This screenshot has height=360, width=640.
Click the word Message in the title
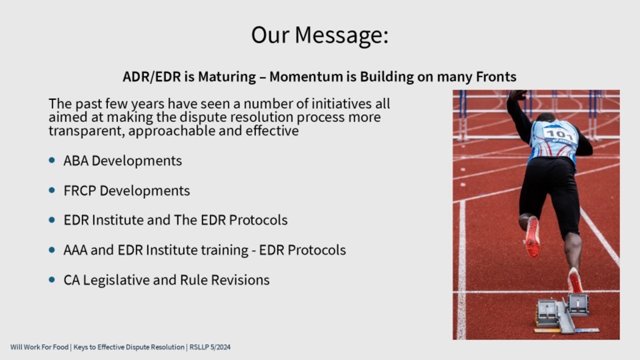click(x=341, y=35)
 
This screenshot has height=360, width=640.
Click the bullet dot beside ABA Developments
click(x=52, y=161)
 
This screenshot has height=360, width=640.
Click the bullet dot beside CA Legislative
click(x=52, y=279)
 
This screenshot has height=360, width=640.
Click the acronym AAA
click(x=75, y=250)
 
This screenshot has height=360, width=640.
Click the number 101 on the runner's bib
click(x=559, y=134)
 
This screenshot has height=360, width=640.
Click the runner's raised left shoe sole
click(x=532, y=237)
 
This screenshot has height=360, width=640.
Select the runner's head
click(x=546, y=117)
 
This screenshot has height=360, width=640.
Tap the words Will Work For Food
click(x=39, y=347)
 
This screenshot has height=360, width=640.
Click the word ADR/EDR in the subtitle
click(x=151, y=77)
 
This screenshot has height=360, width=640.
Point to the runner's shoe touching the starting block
click(x=575, y=281)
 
